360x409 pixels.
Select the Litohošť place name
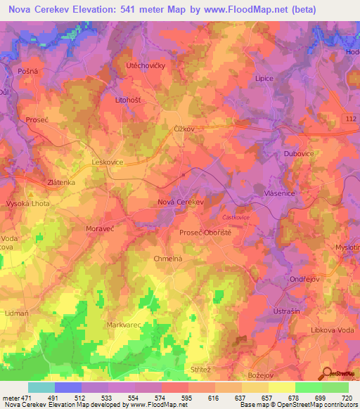click(129, 100)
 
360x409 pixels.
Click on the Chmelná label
click(168, 259)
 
